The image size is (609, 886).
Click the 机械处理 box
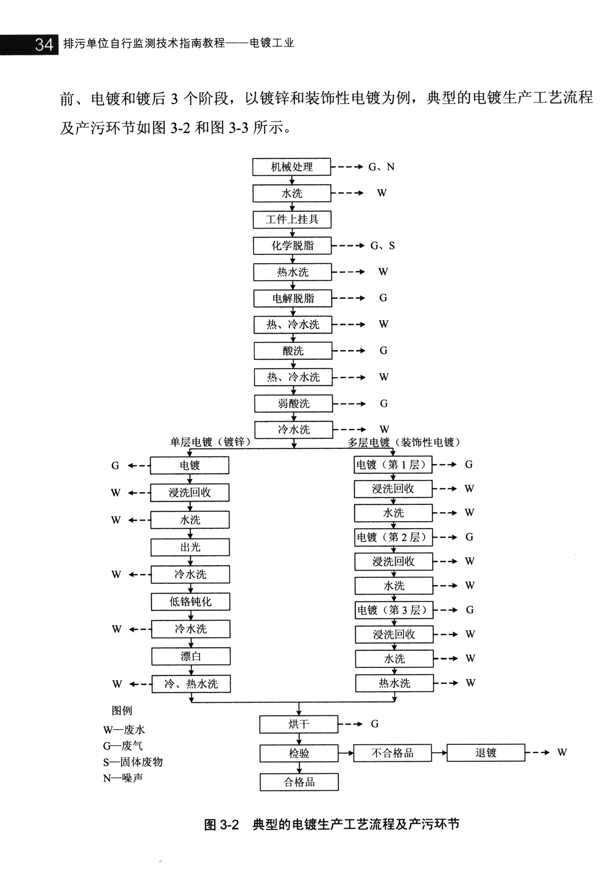292,167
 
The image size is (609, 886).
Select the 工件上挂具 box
292,220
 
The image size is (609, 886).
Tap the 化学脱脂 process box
292,246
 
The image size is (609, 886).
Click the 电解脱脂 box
293,299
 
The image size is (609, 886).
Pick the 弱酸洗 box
294,404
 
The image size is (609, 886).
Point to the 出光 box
190,547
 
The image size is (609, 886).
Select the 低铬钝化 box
190,602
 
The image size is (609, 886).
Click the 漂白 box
191,656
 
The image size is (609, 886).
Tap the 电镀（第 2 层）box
393,537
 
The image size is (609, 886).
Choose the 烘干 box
299,724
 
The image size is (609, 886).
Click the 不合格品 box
392,753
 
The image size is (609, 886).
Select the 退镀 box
486,753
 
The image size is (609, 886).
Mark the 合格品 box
299,782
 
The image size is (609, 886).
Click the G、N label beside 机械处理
381,167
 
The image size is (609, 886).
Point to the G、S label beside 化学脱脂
382,246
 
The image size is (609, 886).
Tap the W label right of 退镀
561,753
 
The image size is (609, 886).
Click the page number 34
44,44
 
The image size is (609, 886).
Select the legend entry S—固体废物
133,762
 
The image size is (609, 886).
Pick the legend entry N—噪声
123,778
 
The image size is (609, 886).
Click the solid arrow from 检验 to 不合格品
346,753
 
